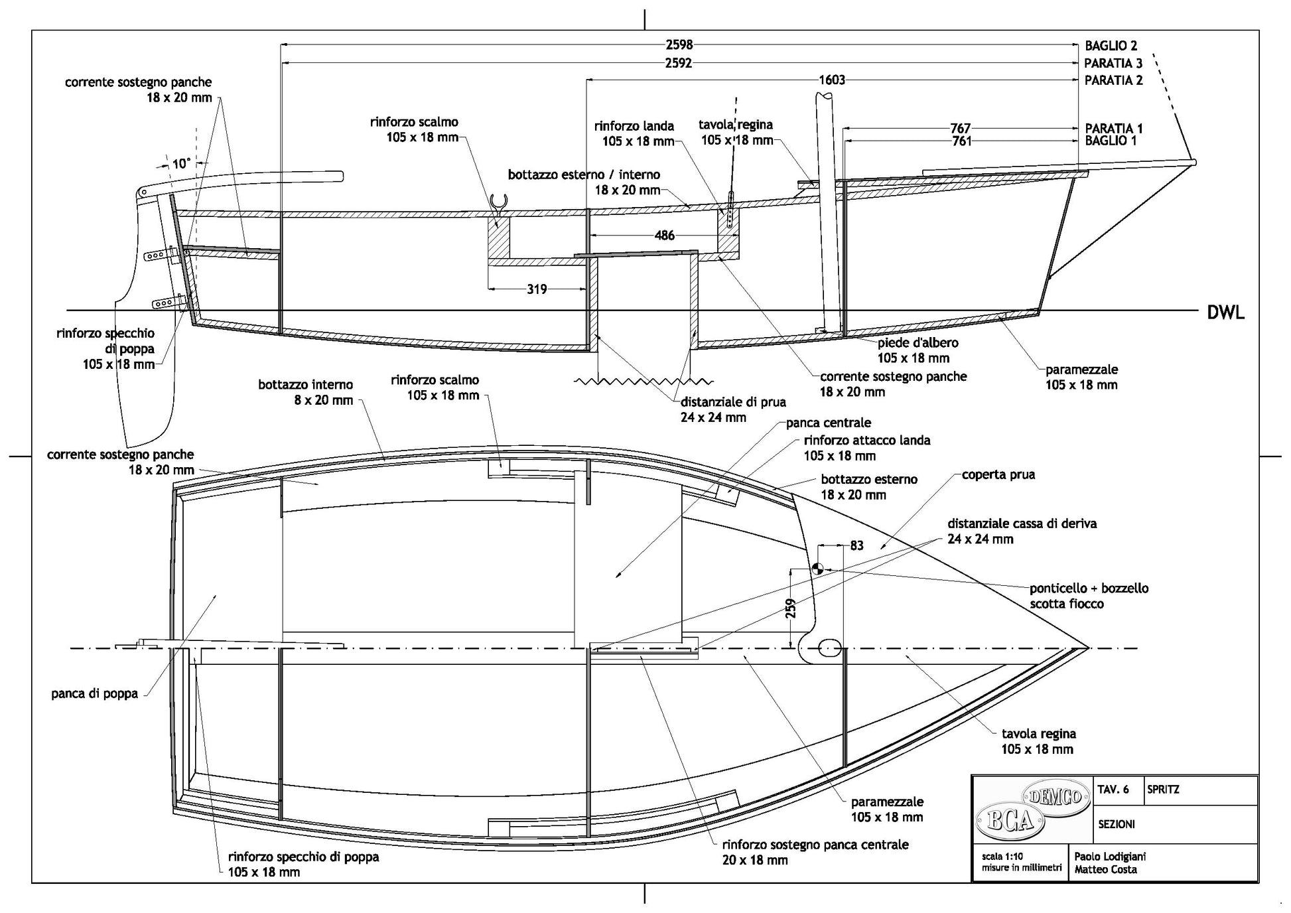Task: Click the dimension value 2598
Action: click(679, 44)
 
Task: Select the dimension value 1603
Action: click(832, 80)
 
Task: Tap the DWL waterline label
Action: click(1225, 313)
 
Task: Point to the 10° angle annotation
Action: click(181, 163)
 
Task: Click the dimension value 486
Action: click(664, 235)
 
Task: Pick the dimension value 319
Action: click(537, 289)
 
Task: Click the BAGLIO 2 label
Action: click(1111, 46)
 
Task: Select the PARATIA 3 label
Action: click(1113, 64)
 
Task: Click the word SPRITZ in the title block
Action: click(1163, 790)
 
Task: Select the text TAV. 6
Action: click(1113, 790)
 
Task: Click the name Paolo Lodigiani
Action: click(1110, 856)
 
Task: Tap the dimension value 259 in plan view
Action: click(791, 608)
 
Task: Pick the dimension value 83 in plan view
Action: click(856, 545)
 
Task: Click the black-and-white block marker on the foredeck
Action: click(817, 568)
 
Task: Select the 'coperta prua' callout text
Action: click(998, 475)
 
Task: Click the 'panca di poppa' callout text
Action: click(94, 694)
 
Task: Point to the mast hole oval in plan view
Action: click(830, 648)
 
